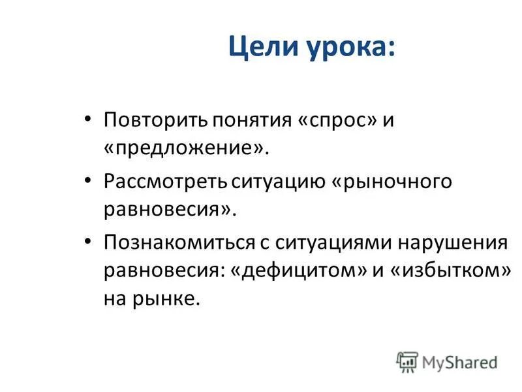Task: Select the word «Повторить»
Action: pos(153,122)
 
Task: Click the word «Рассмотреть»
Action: pos(166,182)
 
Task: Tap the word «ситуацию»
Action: pos(279,182)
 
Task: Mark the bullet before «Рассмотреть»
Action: pos(89,182)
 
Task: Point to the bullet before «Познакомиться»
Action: pos(89,242)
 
